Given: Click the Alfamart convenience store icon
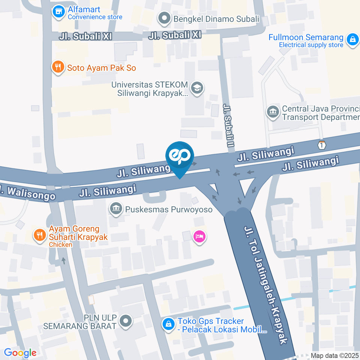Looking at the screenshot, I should coord(58,12).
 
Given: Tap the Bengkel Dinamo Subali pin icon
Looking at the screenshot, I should coord(164,19).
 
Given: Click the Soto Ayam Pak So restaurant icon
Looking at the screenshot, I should coord(57,67).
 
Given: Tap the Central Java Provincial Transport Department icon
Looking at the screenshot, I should coord(273,112).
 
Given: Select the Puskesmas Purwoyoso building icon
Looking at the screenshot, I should coord(115,208).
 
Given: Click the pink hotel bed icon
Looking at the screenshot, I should coord(199,237).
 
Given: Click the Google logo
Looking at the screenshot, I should coord(20,352).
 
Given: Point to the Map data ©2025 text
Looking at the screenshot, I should coord(335,355).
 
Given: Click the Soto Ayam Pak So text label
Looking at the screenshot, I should coord(101,68).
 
